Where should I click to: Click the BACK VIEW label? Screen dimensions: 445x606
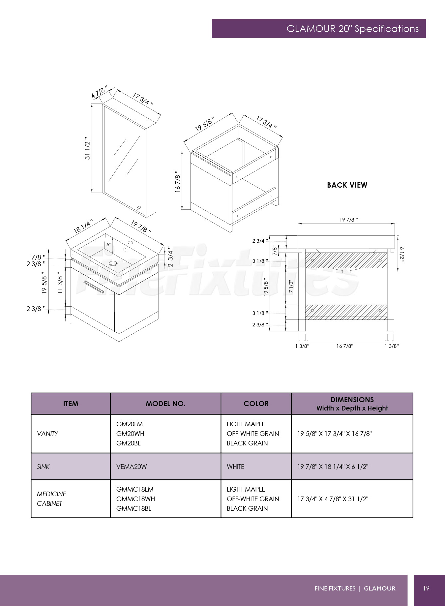pos(347,185)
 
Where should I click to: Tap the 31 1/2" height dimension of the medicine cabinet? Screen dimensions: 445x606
pos(87,148)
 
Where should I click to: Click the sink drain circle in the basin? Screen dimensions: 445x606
pos(114,263)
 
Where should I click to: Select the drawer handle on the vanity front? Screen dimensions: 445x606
pos(94,287)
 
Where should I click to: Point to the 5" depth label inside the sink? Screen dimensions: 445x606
pos(109,245)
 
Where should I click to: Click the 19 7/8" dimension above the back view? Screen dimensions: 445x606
pos(349,220)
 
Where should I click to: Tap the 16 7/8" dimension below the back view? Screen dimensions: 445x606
pos(345,346)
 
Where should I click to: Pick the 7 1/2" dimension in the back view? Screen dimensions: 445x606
pos(291,287)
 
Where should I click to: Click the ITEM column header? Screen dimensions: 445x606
pos(71,404)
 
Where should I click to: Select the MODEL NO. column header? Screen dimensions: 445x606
pos(165,404)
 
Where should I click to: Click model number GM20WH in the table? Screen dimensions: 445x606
pos(130,434)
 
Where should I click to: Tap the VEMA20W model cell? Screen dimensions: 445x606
pos(132,467)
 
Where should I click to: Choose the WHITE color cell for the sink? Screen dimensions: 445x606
pos(235,467)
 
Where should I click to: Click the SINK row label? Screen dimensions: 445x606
pos(43,467)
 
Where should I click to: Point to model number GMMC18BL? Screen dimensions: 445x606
pos(134,508)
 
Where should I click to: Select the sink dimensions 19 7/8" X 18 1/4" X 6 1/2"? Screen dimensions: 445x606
pos(333,467)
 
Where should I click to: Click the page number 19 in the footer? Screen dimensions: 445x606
pos(426,588)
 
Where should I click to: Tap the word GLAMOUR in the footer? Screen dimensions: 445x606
pos(379,589)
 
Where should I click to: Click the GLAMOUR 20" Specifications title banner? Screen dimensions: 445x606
pos(319,28)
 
